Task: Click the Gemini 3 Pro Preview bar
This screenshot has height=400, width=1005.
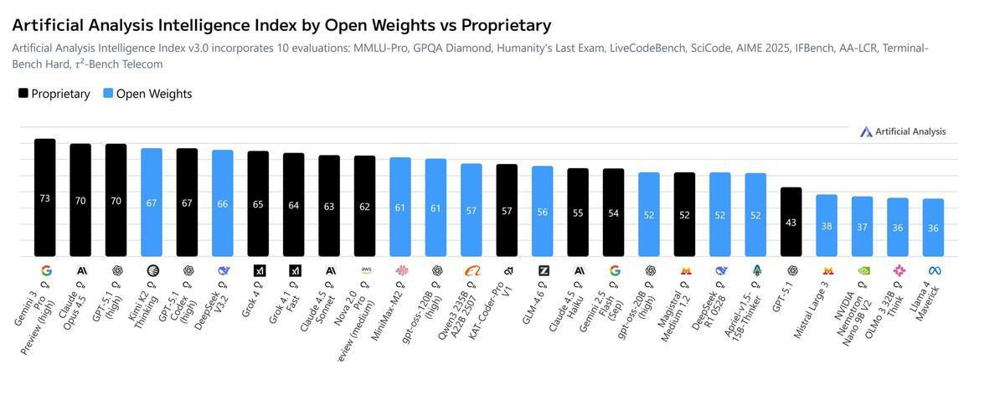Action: click(x=44, y=197)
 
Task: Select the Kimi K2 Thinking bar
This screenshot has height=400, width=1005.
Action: click(x=151, y=203)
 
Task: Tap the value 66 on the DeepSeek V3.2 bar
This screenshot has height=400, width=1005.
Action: click(x=222, y=204)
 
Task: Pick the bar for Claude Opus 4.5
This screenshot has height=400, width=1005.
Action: click(x=80, y=200)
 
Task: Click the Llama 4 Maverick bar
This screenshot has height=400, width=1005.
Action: click(x=933, y=228)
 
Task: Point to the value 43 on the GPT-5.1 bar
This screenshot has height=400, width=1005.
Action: click(x=791, y=223)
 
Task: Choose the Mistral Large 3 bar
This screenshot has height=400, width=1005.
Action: click(x=827, y=226)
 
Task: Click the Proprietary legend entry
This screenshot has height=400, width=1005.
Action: click(x=54, y=94)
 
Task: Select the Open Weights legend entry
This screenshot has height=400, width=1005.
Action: click(x=147, y=94)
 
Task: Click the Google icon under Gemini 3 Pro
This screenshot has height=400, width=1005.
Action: click(x=46, y=271)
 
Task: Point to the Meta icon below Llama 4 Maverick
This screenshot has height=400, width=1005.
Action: click(x=934, y=271)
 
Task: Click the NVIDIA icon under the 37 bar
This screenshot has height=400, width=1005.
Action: click(x=863, y=271)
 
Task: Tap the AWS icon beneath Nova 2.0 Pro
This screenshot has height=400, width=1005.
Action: click(x=365, y=270)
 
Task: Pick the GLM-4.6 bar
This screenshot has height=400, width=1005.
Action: click(x=542, y=211)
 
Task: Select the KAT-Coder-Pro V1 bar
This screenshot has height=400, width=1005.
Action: click(x=507, y=210)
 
